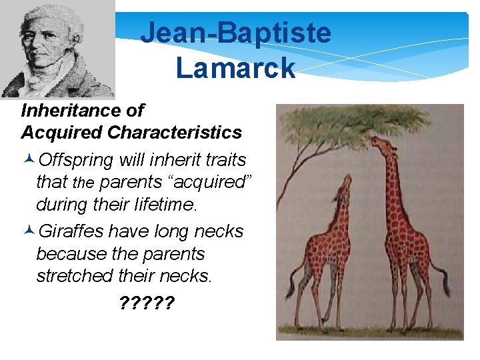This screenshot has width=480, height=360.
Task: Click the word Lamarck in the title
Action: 235,67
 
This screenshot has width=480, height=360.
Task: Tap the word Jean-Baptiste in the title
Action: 235,32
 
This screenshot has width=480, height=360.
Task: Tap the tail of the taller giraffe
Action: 442,277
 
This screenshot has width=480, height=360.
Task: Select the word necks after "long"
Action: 219,232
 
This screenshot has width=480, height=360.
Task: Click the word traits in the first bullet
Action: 225,161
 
